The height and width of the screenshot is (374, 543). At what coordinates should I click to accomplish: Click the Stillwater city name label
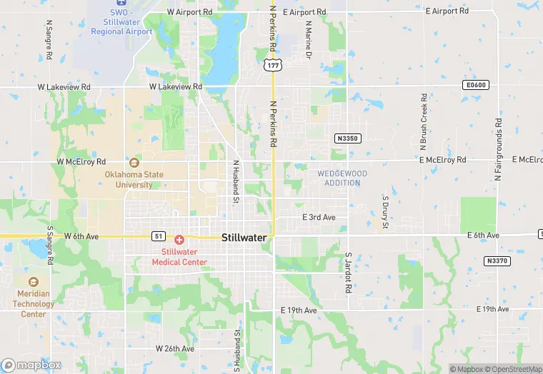244,237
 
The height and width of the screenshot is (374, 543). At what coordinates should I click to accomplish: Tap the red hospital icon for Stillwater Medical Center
179,240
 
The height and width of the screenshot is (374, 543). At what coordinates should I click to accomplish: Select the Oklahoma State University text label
134,179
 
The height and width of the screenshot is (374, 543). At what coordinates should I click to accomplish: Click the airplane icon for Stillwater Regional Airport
118,2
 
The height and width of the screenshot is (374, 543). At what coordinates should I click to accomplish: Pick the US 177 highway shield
271,65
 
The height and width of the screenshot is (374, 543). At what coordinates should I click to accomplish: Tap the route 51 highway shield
159,236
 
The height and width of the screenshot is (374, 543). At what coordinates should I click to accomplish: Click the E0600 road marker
474,85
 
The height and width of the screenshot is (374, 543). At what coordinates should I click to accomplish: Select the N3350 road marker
347,137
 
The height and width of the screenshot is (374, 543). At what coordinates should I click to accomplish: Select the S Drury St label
384,212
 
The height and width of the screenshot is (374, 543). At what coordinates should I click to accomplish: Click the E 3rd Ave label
319,217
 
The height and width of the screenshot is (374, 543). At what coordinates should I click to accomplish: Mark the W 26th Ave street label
175,349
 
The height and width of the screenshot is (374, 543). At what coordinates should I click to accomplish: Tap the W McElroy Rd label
81,161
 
